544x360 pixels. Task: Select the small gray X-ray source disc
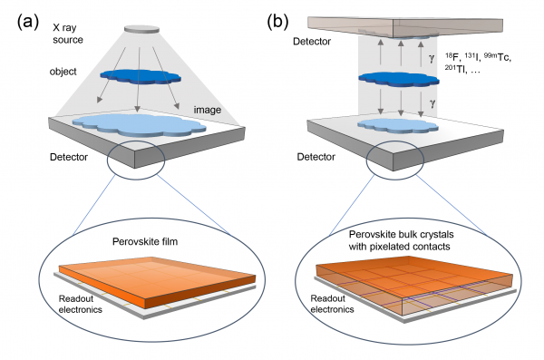point(139,30)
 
